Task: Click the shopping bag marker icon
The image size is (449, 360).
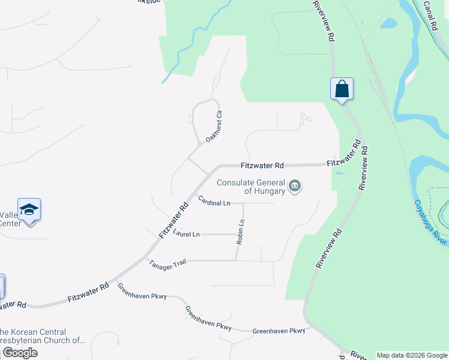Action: tap(342, 89)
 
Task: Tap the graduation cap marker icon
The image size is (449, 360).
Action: tap(29, 209)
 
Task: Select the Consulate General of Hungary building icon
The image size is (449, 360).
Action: tap(295, 186)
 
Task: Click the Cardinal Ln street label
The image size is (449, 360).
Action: tap(214, 203)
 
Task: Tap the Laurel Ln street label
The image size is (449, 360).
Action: tap(186, 234)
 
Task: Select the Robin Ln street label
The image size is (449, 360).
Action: tap(241, 231)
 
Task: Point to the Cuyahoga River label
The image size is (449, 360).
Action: tap(430, 221)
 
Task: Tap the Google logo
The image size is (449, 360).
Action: tap(20, 353)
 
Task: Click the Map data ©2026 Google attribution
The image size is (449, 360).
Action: tap(412, 355)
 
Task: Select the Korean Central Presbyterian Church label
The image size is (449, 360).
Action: tap(42, 336)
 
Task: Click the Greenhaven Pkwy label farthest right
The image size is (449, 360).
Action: tap(279, 331)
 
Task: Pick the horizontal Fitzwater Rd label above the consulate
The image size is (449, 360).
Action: tap(262, 165)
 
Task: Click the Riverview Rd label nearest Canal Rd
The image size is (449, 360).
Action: tap(322, 20)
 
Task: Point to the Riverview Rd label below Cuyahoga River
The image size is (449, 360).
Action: tap(329, 247)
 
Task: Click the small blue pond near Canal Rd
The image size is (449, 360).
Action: tap(388, 24)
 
